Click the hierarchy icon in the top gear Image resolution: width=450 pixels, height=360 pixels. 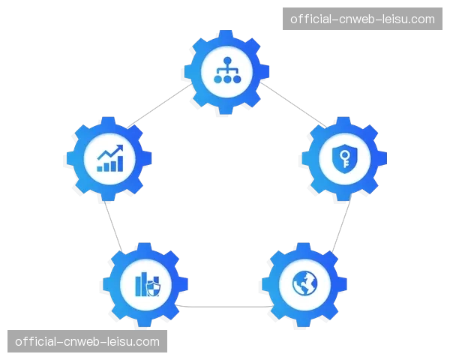point(226,70)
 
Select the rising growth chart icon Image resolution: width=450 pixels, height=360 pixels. point(109,159)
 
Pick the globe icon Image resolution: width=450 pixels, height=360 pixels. point(305,283)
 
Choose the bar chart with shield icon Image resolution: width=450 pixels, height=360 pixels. point(146,283)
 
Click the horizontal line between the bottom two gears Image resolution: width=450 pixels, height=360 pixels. point(225,307)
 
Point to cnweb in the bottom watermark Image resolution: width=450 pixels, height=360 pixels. point(84,342)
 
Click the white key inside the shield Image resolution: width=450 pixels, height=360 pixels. point(344,159)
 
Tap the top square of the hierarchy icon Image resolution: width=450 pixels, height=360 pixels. point(226,61)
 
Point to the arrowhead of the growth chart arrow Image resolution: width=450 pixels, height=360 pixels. point(121,148)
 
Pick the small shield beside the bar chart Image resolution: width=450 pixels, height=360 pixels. point(154,287)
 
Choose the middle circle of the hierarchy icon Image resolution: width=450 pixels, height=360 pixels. point(226,78)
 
